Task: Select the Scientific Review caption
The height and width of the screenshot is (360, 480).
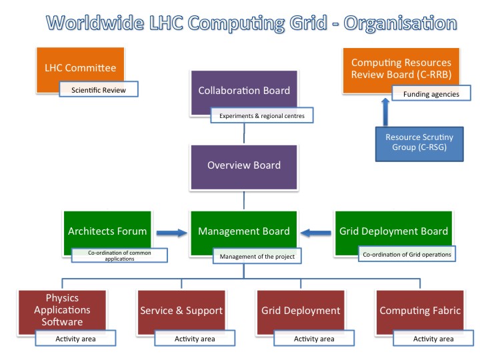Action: (99, 89)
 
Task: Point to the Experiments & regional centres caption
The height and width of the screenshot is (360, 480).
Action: (262, 115)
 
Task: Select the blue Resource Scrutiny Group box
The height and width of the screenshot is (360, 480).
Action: (419, 144)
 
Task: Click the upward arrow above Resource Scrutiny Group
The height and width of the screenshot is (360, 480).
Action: (385, 112)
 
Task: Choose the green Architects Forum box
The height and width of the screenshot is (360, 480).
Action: (107, 233)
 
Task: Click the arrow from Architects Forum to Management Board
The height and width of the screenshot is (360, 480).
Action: (172, 233)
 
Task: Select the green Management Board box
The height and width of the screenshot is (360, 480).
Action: (244, 233)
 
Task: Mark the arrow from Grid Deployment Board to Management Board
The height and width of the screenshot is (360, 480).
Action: (315, 233)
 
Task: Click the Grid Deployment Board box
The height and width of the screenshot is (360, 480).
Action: (394, 233)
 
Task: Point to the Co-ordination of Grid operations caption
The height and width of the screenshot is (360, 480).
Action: (407, 254)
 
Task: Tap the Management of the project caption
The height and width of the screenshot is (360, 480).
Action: (257, 256)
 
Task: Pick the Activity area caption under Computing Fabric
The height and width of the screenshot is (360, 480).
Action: (433, 338)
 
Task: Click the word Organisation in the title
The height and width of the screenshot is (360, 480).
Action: (400, 23)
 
